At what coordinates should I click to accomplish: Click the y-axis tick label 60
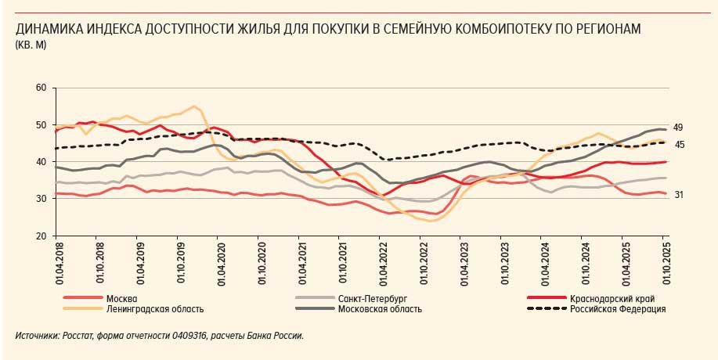point(41,88)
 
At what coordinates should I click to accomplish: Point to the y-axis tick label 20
point(41,236)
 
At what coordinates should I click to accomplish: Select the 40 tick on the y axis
point(41,162)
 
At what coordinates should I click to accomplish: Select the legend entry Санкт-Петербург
point(372,298)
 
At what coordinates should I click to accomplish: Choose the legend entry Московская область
point(381,308)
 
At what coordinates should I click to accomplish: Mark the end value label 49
point(679,128)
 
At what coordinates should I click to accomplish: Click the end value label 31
point(679,195)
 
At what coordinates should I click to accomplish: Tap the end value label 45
point(679,144)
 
